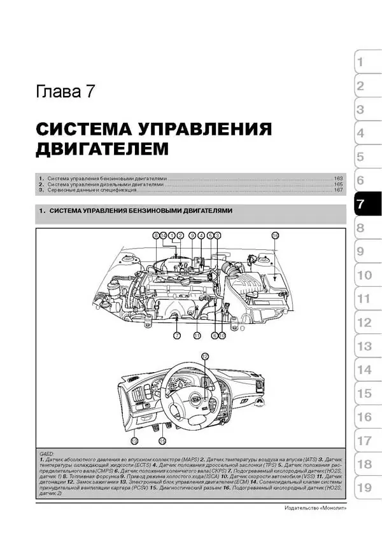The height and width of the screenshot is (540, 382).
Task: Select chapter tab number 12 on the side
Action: [x=364, y=322]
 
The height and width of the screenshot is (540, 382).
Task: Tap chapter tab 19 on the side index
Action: [x=364, y=488]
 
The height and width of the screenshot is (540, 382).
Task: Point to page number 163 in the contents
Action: [x=339, y=179]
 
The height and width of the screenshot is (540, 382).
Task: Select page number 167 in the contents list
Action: [x=339, y=190]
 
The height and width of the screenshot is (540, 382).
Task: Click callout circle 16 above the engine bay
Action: [x=275, y=235]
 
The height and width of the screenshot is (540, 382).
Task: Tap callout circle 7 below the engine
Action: [x=176, y=335]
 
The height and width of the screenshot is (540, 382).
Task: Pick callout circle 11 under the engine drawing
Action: [x=197, y=335]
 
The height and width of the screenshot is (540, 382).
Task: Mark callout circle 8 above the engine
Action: [x=155, y=235]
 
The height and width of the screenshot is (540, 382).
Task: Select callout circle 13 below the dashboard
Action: [x=134, y=440]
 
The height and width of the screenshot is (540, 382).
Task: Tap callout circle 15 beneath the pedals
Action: [x=162, y=440]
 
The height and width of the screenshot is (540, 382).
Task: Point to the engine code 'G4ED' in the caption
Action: [x=46, y=452]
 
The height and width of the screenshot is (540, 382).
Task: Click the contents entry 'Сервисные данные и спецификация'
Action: [x=92, y=190]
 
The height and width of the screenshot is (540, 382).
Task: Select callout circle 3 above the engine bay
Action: [x=217, y=235]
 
